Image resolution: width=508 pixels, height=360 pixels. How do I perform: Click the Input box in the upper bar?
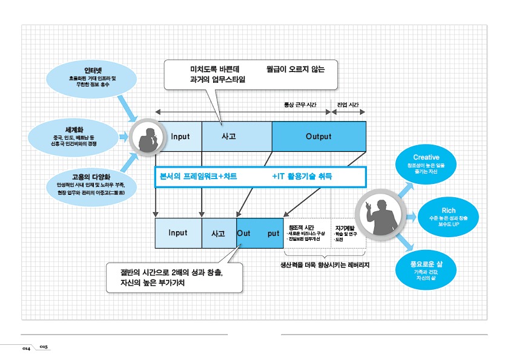180,137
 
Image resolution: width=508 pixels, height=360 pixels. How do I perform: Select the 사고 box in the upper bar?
229,137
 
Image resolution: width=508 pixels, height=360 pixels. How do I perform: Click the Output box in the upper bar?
318,137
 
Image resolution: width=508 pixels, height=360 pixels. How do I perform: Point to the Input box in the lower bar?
178,233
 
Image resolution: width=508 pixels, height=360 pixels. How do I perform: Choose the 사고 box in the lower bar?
218,234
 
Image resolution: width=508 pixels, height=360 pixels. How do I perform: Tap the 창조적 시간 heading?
301,227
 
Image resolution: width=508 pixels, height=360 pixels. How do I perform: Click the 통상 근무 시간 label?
300,105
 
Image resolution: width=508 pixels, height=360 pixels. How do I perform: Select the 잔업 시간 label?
348,105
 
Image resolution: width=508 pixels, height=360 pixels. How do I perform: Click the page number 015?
44,347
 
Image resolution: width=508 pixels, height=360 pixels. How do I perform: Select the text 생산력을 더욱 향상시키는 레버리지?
324,264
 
